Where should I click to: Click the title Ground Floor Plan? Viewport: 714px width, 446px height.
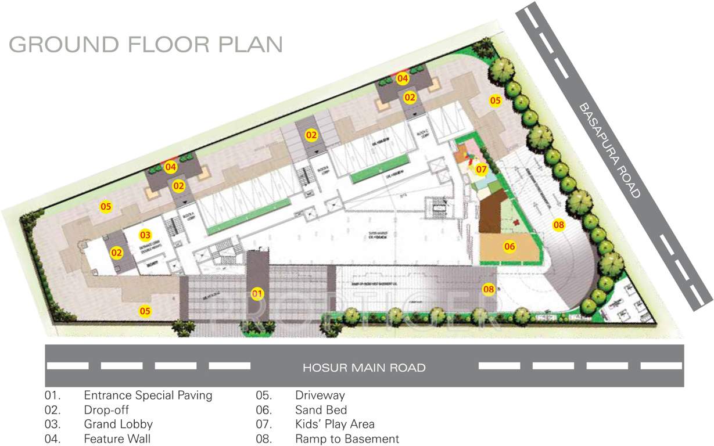click(146, 45)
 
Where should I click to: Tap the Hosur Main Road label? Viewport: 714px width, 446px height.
click(364, 368)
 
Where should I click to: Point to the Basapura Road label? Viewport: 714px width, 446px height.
click(609, 150)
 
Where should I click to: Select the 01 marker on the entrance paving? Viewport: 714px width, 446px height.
click(257, 293)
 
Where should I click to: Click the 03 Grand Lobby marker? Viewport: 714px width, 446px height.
click(145, 235)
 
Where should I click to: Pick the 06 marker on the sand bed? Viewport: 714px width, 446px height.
click(510, 246)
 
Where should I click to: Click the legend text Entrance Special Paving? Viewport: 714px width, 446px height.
click(148, 395)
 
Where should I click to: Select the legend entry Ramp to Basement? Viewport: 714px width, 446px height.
click(347, 439)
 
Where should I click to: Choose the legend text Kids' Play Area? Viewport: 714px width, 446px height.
click(335, 425)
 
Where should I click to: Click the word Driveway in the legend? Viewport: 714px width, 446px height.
click(320, 395)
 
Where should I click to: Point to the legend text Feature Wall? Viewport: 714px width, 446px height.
click(117, 439)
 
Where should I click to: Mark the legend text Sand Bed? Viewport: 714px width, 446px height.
click(321, 410)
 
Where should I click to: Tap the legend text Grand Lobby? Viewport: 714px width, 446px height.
click(118, 425)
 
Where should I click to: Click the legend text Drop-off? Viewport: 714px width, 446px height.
click(106, 410)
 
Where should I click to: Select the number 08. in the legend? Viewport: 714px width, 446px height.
click(264, 439)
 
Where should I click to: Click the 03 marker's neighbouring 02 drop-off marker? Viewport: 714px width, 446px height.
click(117, 253)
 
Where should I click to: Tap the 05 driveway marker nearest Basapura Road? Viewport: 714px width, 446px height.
click(494, 100)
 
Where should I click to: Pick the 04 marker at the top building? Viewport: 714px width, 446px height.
click(402, 78)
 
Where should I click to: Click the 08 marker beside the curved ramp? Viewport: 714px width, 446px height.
click(558, 225)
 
